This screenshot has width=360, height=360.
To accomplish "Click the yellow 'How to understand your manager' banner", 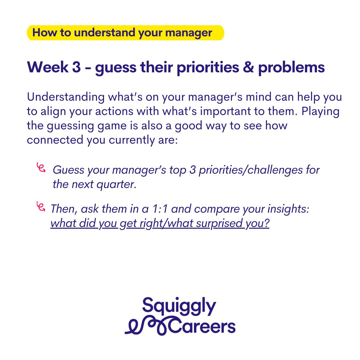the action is tap(125, 33).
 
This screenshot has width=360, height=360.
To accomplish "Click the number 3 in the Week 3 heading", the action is tap(76, 67).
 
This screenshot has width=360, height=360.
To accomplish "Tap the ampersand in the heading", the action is tap(248, 67).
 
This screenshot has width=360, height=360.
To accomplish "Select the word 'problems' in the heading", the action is tap(291, 68).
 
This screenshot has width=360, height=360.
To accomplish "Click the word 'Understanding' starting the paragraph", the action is tap(66, 97).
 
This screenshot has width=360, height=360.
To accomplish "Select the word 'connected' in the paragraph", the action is tap(55, 140).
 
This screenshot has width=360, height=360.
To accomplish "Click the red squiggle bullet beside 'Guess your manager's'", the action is tap(41, 167).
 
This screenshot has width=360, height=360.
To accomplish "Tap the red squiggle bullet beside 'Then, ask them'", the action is tap(41, 206).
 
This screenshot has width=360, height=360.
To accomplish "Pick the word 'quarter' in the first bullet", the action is tap(116, 185).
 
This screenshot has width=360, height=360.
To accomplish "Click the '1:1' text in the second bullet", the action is tap(160, 209).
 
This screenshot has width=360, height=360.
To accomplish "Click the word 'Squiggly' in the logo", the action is tap(179, 306).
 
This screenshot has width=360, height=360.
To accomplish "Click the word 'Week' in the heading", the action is tap(48, 67).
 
